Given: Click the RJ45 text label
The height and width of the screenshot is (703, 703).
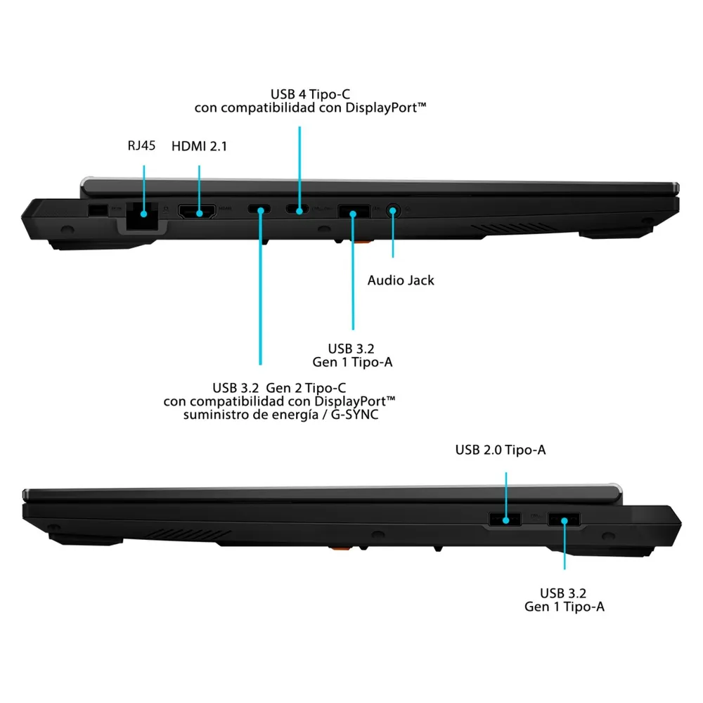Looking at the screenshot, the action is pyautogui.click(x=141, y=146).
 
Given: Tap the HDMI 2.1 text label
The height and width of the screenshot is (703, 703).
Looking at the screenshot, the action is pyautogui.click(x=199, y=146).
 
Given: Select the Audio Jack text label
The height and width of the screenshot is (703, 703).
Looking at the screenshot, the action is pyautogui.click(x=401, y=280).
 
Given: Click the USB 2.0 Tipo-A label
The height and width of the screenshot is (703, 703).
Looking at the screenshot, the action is pyautogui.click(x=501, y=450).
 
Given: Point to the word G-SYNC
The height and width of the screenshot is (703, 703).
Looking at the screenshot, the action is pyautogui.click(x=354, y=415).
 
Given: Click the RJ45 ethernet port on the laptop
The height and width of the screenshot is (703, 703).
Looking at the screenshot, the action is pyautogui.click(x=142, y=217).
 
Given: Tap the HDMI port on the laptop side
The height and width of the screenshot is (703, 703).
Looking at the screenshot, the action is pyautogui.click(x=198, y=211).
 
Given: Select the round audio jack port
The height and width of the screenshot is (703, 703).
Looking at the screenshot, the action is pyautogui.click(x=393, y=210).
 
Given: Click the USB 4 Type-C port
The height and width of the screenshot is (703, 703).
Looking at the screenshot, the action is pyautogui.click(x=297, y=209).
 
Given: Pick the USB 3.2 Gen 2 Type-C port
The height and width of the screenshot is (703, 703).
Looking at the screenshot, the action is pyautogui.click(x=259, y=209).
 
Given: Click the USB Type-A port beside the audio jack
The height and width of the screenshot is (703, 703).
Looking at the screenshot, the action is pyautogui.click(x=354, y=211).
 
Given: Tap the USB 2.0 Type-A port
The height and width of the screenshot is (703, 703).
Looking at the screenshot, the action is pyautogui.click(x=504, y=520).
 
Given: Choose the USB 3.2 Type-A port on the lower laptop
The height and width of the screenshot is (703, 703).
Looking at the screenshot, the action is pyautogui.click(x=564, y=520).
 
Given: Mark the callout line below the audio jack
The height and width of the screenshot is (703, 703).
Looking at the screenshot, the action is pyautogui.click(x=393, y=234).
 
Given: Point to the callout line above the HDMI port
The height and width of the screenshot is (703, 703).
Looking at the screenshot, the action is pyautogui.click(x=199, y=189).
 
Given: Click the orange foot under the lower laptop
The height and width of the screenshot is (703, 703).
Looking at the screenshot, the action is pyautogui.click(x=340, y=548).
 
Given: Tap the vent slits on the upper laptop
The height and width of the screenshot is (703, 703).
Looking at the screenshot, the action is pyautogui.click(x=513, y=228).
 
